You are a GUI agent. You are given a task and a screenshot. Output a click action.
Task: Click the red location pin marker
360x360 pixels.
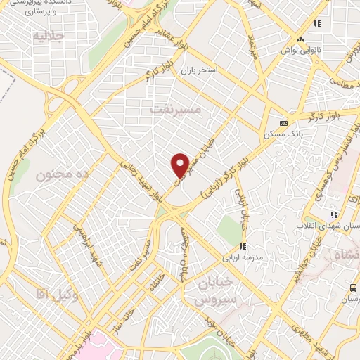click(180, 165)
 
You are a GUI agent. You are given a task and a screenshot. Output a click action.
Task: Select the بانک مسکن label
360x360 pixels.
click(280, 133)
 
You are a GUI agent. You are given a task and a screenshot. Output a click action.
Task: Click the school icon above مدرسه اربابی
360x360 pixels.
click(243, 246)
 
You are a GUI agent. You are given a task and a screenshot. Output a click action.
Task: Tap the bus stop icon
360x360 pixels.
click(354, 288)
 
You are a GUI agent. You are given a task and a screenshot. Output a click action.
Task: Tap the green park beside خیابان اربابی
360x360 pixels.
click(229, 229)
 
